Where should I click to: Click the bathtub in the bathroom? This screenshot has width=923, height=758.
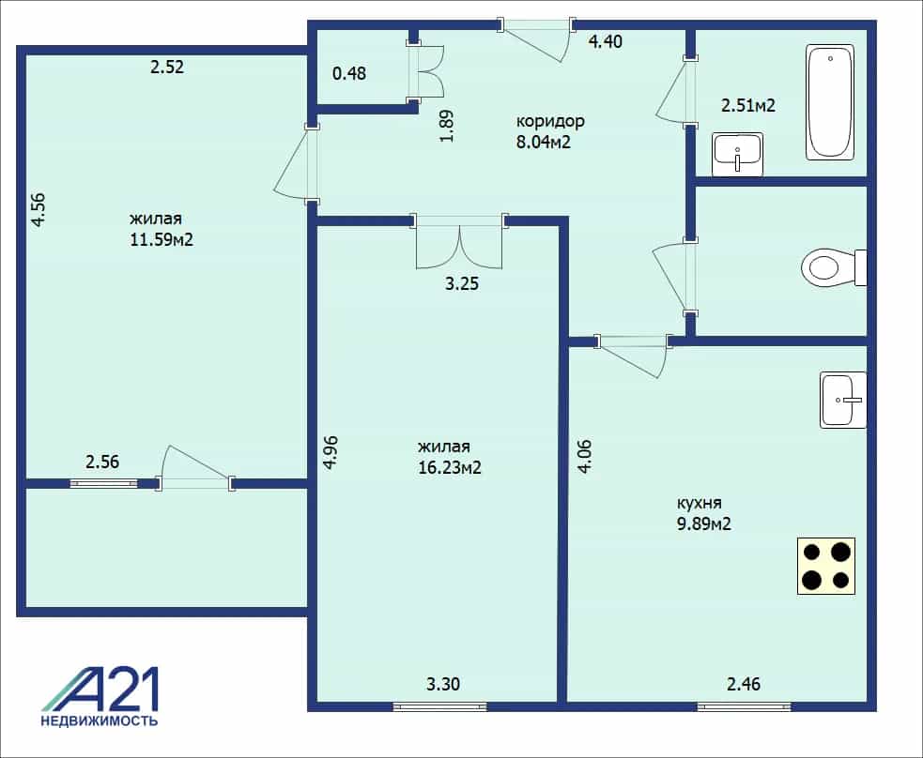pyautogui.click(x=830, y=101)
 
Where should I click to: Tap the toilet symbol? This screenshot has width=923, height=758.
pyautogui.click(x=834, y=267)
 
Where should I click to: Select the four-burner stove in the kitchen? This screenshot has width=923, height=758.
pyautogui.click(x=826, y=566)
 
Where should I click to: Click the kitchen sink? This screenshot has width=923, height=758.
pyautogui.click(x=843, y=400)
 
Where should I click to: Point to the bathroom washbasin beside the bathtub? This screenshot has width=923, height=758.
pyautogui.click(x=738, y=155)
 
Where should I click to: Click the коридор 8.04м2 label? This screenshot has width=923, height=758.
pyautogui.click(x=550, y=131)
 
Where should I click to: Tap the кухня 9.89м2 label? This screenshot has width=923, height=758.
pyautogui.click(x=703, y=513)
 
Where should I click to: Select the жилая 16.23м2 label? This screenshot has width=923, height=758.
pyautogui.click(x=449, y=457)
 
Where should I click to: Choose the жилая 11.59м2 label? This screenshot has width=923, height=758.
pyautogui.click(x=162, y=229)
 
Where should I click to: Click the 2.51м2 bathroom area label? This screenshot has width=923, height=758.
pyautogui.click(x=748, y=105)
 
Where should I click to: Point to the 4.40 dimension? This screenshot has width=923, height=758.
pyautogui.click(x=605, y=42)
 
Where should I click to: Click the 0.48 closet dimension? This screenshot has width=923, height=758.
pyautogui.click(x=349, y=73)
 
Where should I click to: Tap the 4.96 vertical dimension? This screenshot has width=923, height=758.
pyautogui.click(x=331, y=451)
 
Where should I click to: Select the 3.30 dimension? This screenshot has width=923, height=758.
pyautogui.click(x=442, y=684)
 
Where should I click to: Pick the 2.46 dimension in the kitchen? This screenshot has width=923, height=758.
pyautogui.click(x=744, y=684)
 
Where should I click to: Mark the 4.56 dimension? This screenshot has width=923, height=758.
pyautogui.click(x=38, y=210)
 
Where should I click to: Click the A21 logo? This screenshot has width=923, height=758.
pyautogui.click(x=100, y=690)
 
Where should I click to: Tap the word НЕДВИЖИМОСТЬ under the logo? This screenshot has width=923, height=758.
pyautogui.click(x=99, y=720)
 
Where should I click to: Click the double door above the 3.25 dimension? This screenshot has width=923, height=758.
pyautogui.click(x=459, y=242)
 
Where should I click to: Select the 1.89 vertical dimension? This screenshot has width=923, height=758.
pyautogui.click(x=447, y=127)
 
